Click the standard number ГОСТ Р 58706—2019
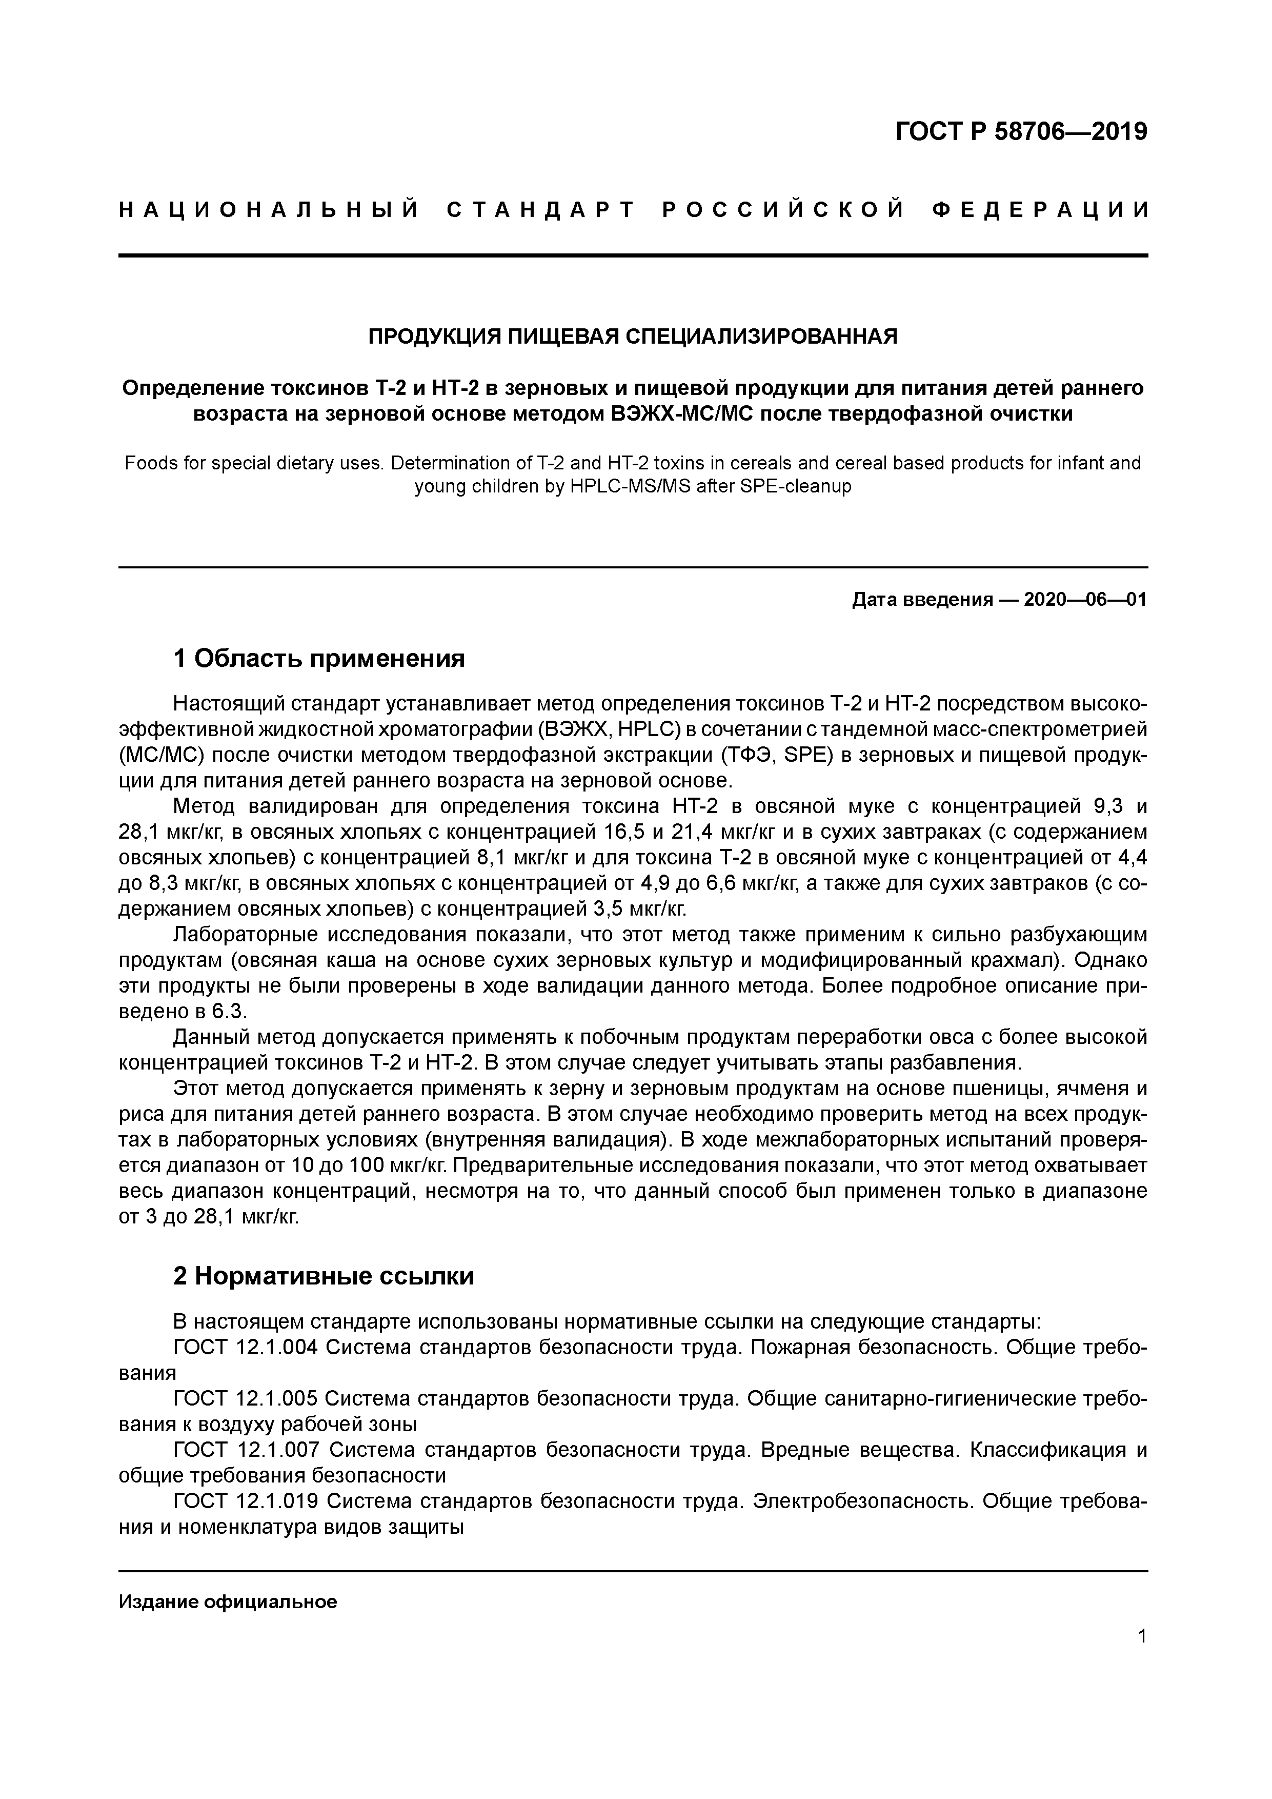click(1021, 132)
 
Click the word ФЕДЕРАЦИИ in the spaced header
click(1042, 210)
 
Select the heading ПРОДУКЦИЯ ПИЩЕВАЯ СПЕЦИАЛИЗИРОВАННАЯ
click(633, 337)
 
